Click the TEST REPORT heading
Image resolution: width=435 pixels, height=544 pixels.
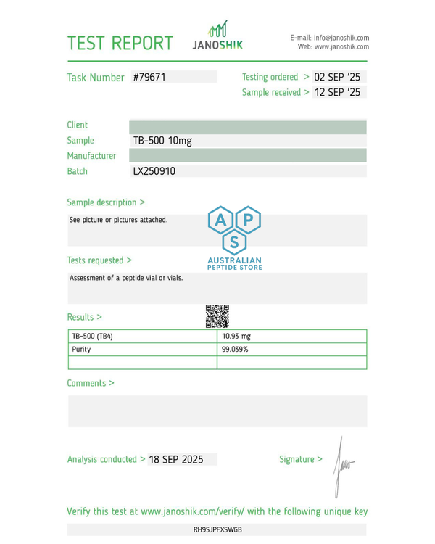[120, 43]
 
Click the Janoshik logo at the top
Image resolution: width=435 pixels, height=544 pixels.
[217, 37]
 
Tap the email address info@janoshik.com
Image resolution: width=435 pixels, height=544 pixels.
[341, 38]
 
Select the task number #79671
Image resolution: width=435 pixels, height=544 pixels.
[150, 77]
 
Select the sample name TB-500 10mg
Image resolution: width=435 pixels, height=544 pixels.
[162, 140]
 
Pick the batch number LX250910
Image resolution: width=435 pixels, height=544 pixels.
[154, 171]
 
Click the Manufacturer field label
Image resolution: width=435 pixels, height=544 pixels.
[91, 156]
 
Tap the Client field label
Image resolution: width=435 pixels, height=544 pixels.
[78, 125]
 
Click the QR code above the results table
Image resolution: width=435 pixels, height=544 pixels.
[217, 316]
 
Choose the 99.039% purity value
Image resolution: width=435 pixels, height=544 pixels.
[235, 350]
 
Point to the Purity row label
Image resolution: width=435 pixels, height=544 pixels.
[82, 350]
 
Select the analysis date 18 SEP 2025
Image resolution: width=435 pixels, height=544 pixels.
[176, 459]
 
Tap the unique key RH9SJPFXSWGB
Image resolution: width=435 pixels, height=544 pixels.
[217, 529]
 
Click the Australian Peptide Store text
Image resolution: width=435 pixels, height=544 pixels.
[234, 264]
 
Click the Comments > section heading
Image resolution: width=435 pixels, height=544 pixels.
[91, 383]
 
